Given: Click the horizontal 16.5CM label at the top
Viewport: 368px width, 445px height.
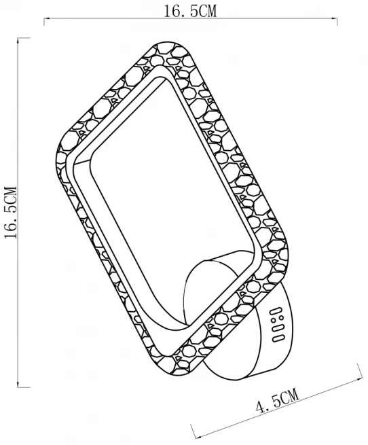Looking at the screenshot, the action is click(x=190, y=12).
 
